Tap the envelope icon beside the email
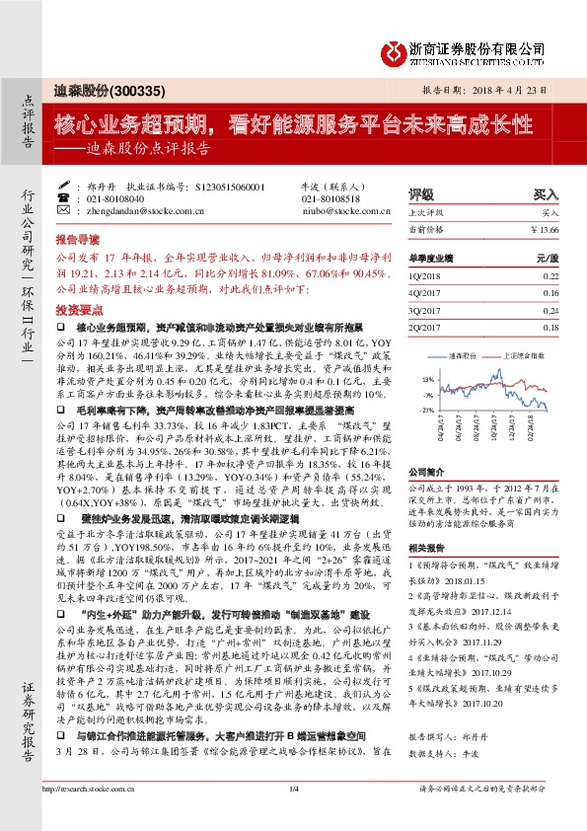pos(65,210)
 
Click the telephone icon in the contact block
pos(65,197)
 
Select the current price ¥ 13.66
pos(544,229)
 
